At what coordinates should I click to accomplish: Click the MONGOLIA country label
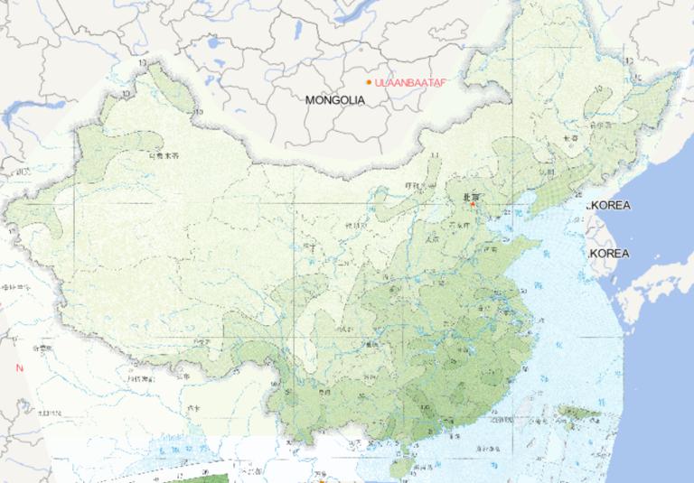coord(335,100)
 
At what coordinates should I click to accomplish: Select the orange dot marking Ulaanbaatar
coord(369,82)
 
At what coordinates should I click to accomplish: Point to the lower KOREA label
coord(610,254)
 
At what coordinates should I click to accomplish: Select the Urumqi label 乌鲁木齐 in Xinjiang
coord(164,155)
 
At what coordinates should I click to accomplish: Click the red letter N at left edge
coord(19,367)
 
